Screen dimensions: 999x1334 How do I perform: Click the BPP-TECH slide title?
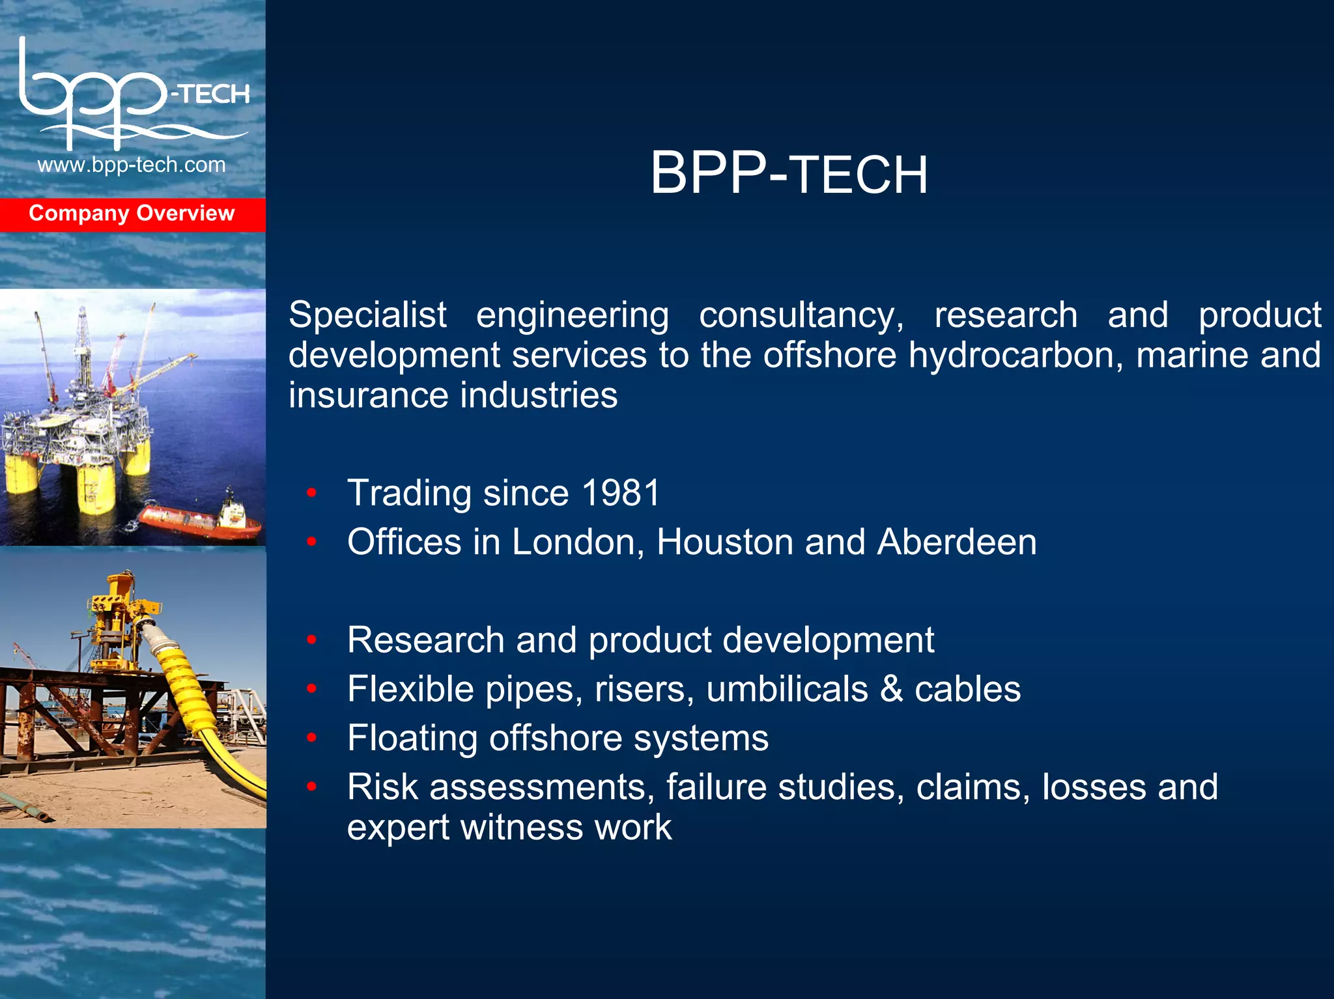(789, 173)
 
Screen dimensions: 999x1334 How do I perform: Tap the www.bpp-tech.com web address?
(132, 165)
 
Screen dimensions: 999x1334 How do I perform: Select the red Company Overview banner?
(132, 214)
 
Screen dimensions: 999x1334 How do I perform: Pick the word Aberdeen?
(956, 542)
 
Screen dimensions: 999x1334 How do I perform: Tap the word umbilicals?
(787, 689)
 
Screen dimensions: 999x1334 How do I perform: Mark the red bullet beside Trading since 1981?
(312, 493)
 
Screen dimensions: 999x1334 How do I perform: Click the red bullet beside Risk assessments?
(312, 787)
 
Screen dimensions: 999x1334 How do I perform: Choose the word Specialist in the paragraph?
(367, 315)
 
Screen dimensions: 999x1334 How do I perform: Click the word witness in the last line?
(522, 828)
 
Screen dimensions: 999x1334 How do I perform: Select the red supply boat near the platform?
(199, 520)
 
